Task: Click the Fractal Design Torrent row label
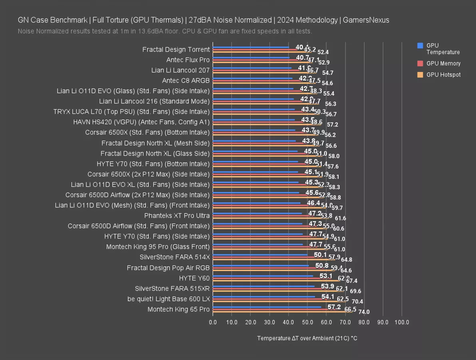pos(176,50)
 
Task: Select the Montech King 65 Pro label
pos(178,309)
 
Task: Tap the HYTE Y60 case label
pos(194,278)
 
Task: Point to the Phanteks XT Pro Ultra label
pos(177,216)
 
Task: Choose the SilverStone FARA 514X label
pos(175,257)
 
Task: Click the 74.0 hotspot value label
pos(364,312)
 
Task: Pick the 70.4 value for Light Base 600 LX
pos(357,302)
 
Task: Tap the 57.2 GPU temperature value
pos(334,307)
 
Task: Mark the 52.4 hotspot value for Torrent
pos(323,52)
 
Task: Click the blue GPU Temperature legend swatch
pos(420,46)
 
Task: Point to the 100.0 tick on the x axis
pos(402,322)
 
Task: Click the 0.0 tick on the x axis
pos(213,322)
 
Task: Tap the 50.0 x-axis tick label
pos(307,322)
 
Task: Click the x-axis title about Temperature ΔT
pos(307,338)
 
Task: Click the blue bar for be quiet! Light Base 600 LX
pos(264,297)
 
